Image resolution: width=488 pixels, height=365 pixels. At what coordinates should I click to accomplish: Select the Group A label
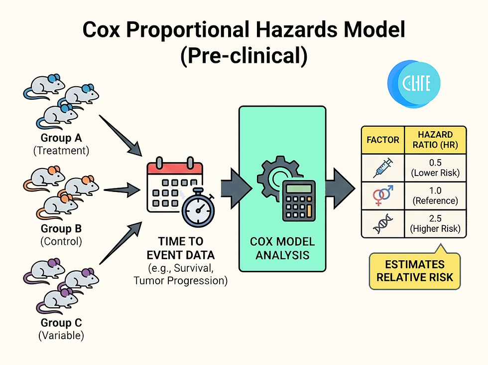point(61,138)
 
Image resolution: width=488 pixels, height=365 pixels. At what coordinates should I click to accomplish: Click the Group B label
point(61,229)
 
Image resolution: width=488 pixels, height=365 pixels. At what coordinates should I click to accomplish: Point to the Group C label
point(61,323)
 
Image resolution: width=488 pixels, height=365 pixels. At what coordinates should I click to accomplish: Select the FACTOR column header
point(383,140)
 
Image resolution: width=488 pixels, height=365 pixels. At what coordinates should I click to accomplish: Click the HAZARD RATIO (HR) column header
point(436,140)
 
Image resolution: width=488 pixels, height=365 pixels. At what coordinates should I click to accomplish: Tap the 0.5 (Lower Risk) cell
point(436,168)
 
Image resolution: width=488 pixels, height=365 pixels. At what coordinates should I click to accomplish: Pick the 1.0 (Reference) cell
point(436,196)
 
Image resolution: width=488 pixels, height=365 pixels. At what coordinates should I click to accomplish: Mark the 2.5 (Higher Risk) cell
point(436,224)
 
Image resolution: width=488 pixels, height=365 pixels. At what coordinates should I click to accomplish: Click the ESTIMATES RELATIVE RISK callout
point(415,271)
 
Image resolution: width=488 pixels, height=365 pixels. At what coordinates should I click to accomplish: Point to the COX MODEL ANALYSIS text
point(282,248)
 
